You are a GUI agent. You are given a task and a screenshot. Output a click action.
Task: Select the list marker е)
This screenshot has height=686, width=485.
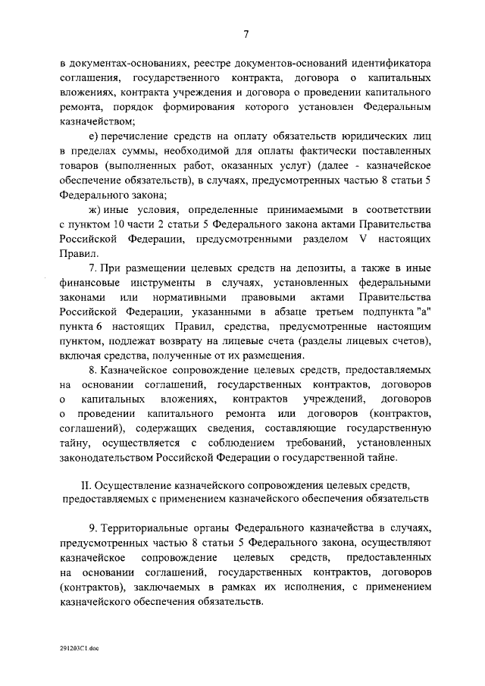click(x=96, y=136)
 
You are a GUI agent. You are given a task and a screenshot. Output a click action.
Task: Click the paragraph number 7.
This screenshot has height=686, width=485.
click(x=92, y=269)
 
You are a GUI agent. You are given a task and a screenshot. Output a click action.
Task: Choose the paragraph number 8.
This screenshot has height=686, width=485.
click(x=92, y=372)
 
